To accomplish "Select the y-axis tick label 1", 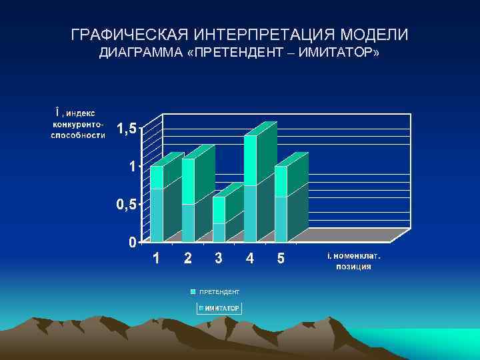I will tap(133, 167).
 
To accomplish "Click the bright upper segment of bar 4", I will tap(250, 160).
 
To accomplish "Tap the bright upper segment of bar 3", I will tap(219, 209).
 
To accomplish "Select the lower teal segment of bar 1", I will tap(157, 215).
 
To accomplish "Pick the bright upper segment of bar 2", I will tap(188, 181).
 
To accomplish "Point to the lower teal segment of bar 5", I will tap(281, 219).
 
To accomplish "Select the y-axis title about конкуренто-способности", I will tap(77, 123).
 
